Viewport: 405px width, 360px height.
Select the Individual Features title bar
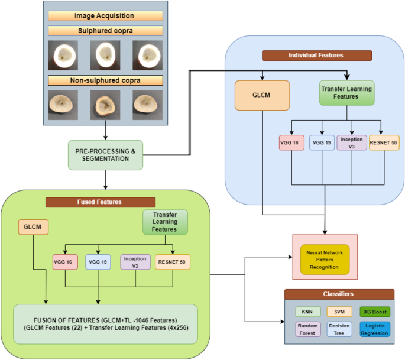pyautogui.click(x=317, y=55)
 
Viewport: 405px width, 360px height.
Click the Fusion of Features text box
pyautogui.click(x=105, y=323)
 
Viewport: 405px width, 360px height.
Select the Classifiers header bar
pyautogui.click(x=339, y=294)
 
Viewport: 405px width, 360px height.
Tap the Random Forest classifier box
pyautogui.click(x=307, y=329)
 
